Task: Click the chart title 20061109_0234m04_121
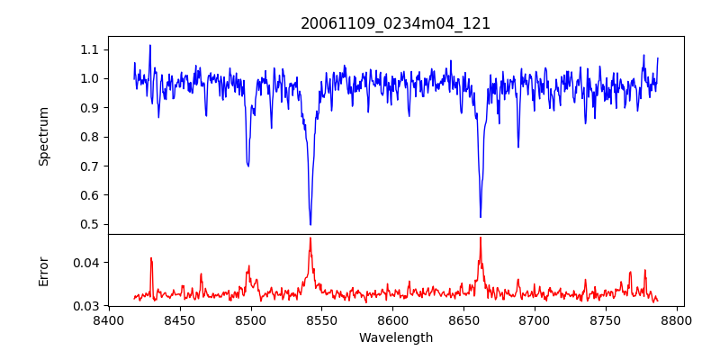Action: (x=395, y=23)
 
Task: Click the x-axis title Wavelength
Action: (x=395, y=337)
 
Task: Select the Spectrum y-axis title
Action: (x=43, y=136)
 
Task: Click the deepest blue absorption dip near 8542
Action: (x=310, y=224)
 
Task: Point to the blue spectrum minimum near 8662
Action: (x=481, y=216)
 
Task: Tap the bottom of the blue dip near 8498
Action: (x=247, y=166)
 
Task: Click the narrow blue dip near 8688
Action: (x=518, y=147)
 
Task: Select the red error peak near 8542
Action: (x=310, y=238)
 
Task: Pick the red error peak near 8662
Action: (x=481, y=238)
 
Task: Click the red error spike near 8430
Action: (x=151, y=258)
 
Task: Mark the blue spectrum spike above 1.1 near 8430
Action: (x=150, y=46)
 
